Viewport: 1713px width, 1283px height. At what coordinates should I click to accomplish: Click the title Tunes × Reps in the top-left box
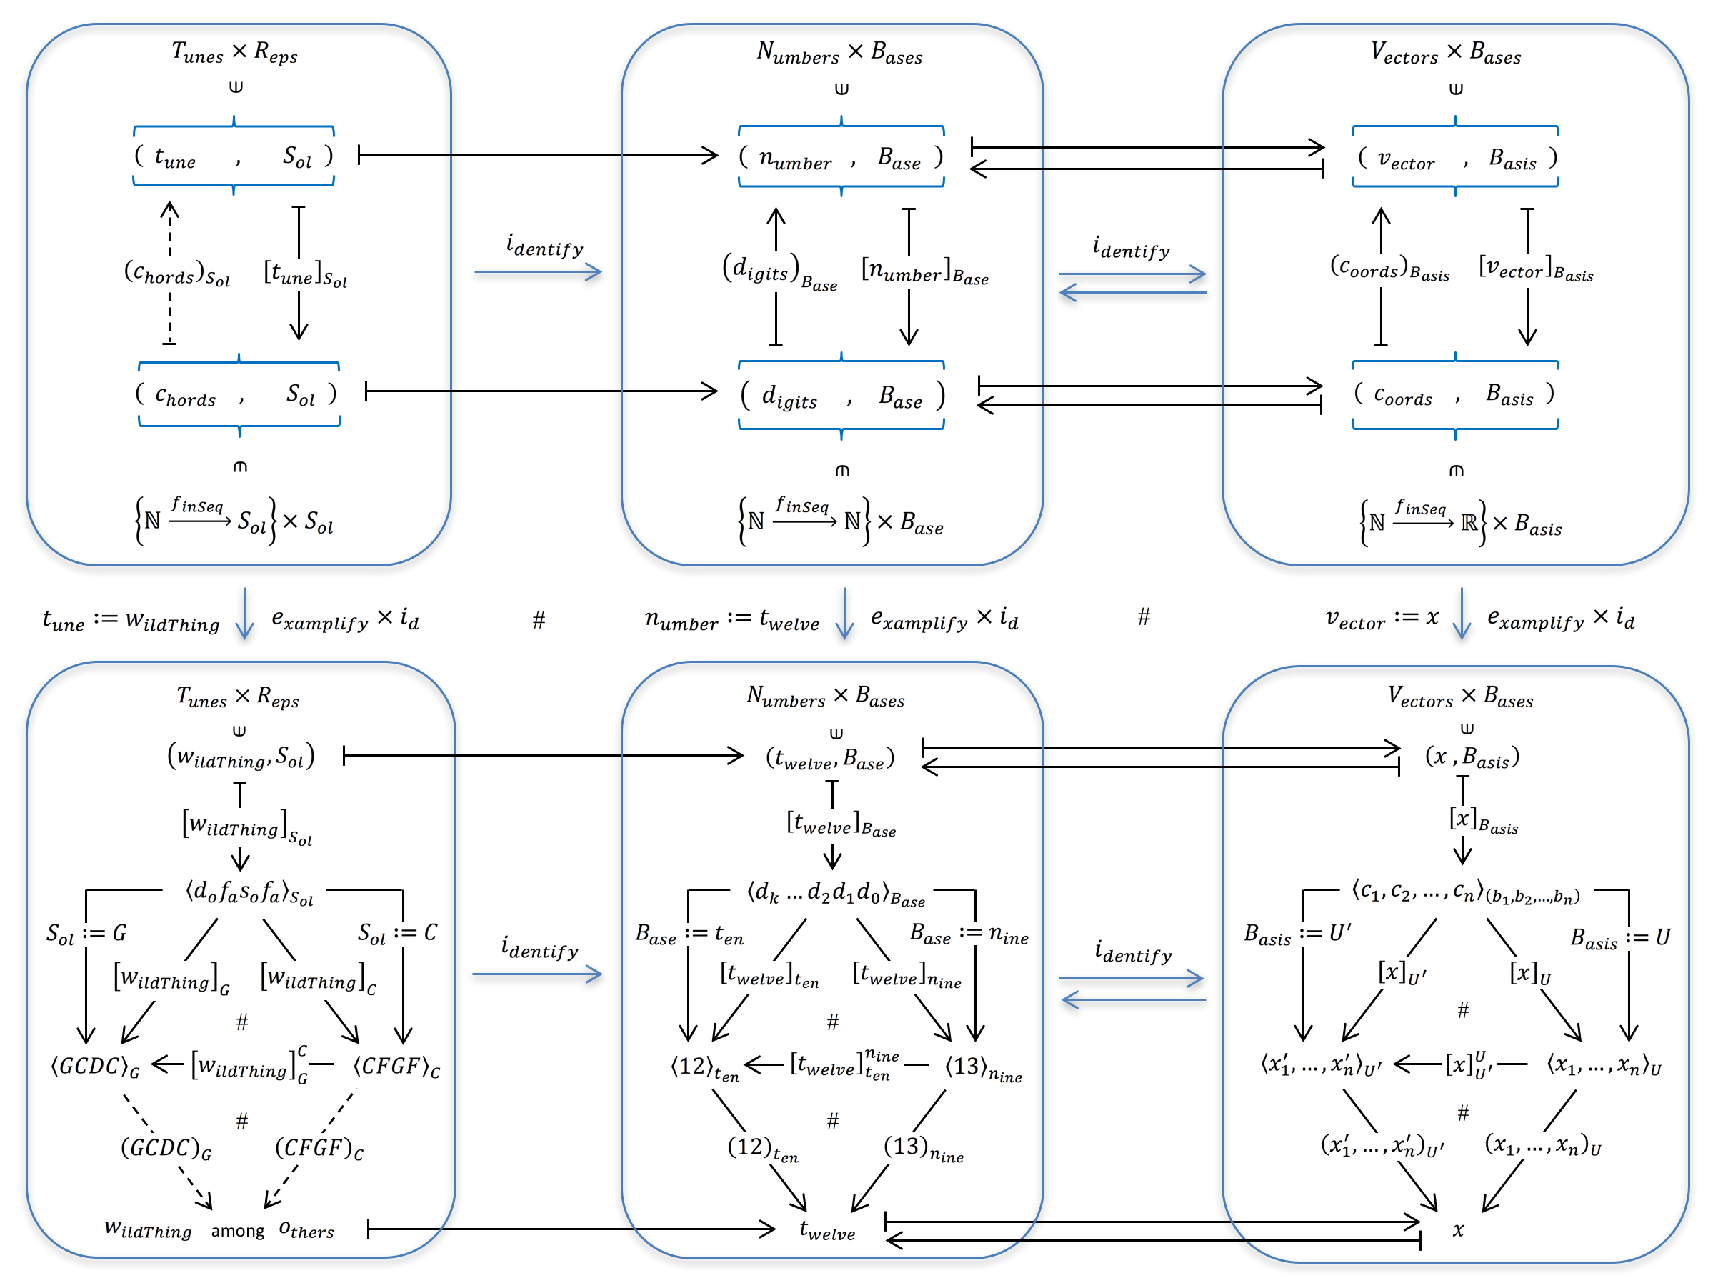click(234, 53)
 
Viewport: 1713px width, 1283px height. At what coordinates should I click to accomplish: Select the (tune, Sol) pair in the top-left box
click(234, 157)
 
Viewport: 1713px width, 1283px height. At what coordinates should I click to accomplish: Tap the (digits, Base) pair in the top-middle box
click(841, 396)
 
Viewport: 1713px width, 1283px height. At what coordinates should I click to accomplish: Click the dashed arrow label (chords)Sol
click(177, 274)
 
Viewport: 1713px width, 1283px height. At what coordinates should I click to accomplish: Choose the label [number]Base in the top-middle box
click(924, 271)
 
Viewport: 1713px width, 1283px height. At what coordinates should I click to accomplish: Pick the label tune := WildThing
click(131, 620)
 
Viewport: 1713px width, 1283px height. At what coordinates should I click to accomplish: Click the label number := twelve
click(731, 619)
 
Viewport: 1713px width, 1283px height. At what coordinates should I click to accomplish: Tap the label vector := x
click(1382, 619)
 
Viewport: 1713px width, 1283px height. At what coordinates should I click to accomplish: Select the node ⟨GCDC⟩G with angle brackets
click(95, 1067)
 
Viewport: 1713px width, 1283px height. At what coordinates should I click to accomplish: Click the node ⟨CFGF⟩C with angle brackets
click(396, 1067)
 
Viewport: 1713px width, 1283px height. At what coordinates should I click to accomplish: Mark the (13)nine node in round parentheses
click(923, 1147)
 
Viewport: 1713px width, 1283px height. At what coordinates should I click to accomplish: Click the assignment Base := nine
click(969, 934)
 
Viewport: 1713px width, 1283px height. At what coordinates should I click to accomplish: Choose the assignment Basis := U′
click(1297, 934)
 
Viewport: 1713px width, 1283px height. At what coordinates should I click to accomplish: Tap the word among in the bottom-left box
click(238, 1231)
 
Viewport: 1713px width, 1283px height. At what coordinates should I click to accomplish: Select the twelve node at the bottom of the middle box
click(827, 1229)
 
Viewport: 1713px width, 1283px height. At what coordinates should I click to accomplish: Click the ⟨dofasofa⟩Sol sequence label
click(249, 893)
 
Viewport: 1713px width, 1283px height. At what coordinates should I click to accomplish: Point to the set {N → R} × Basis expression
click(1461, 524)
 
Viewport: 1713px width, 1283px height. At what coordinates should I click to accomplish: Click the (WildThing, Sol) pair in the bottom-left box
click(241, 756)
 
